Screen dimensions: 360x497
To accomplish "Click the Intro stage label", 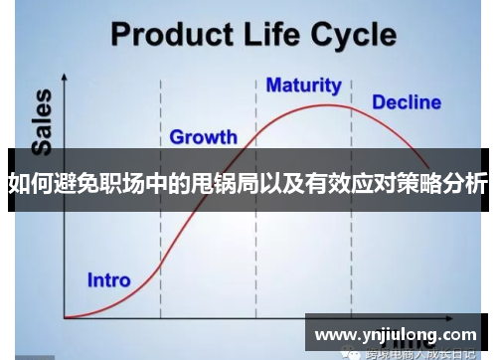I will [x=109, y=279].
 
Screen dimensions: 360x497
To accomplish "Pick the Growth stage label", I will [x=203, y=136].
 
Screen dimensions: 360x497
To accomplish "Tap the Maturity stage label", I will [x=303, y=86].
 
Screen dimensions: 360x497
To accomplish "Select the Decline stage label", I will [x=406, y=101].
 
